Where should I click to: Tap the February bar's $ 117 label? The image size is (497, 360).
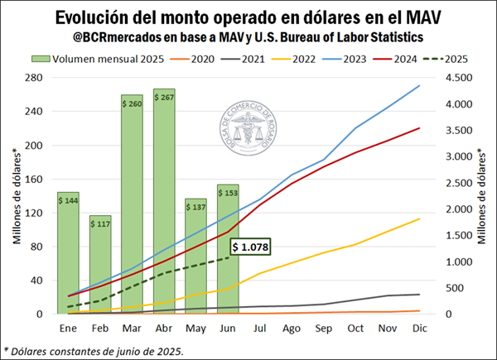(100, 223)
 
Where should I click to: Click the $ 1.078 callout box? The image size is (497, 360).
(250, 247)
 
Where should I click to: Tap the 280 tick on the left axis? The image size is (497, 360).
(36, 78)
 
